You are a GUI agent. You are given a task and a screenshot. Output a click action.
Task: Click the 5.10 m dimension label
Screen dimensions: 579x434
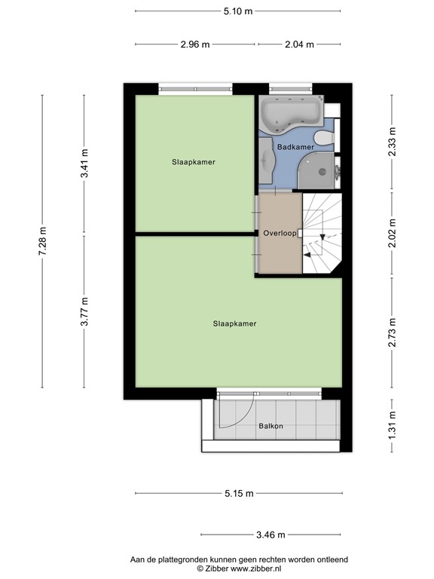(237, 11)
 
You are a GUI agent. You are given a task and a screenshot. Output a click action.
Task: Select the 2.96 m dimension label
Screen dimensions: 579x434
(195, 44)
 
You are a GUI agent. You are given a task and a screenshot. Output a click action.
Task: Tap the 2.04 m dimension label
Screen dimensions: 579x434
(300, 44)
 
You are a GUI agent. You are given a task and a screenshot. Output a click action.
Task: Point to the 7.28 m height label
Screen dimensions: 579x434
(42, 241)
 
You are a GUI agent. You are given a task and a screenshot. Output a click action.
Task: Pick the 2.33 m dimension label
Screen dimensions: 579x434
(392, 142)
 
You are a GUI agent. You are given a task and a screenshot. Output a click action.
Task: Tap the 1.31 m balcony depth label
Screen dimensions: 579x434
(392, 426)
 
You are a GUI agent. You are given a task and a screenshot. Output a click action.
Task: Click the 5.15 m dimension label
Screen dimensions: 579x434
(238, 493)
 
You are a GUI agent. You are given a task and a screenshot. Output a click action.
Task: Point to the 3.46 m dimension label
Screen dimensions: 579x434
(270, 535)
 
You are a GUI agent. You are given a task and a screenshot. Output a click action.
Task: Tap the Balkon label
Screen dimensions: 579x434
(270, 426)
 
